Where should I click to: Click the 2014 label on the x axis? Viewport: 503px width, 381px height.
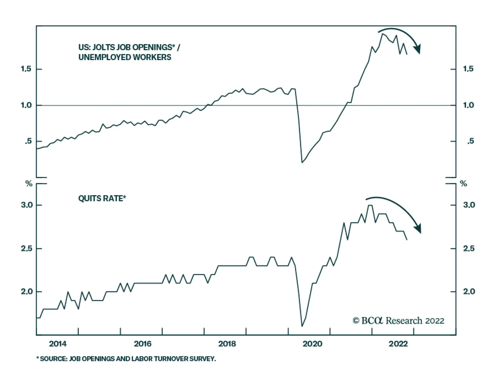click(58, 344)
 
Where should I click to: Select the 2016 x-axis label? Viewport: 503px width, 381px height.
click(142, 344)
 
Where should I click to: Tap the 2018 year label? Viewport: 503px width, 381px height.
click(227, 344)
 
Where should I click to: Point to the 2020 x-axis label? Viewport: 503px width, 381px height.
click(312, 344)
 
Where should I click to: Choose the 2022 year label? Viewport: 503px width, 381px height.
click(398, 344)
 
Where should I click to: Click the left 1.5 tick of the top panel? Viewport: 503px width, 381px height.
click(26, 69)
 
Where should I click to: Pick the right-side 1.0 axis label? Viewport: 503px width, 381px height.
click(468, 105)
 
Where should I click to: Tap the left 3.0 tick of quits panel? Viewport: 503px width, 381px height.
click(27, 205)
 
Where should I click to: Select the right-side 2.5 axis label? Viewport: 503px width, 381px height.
click(469, 248)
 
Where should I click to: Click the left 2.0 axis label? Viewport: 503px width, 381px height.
click(27, 291)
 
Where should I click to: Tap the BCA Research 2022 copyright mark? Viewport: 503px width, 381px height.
click(399, 321)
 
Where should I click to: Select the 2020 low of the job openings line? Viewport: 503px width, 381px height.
click(302, 163)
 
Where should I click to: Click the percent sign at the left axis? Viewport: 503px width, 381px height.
click(29, 184)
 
